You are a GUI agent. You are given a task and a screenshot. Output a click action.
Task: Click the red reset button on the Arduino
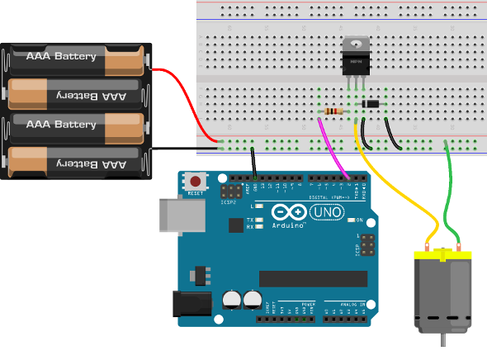[x=196, y=181]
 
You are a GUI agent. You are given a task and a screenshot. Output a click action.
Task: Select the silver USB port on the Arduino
[x=177, y=216]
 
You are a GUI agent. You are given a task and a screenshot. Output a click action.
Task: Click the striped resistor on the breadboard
[x=333, y=111]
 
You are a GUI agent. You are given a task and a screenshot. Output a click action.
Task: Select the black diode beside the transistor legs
[x=371, y=103]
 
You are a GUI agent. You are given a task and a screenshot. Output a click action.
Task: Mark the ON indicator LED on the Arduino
[x=348, y=220]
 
